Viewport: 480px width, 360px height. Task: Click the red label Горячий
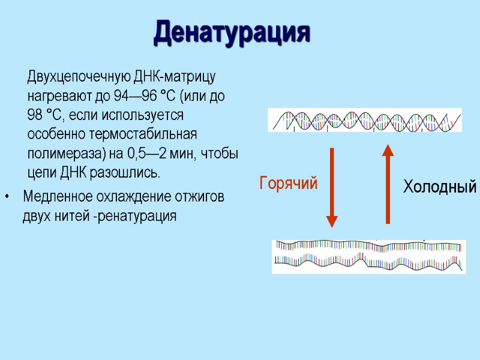[x=288, y=183]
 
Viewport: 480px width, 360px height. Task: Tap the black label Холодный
[x=440, y=187]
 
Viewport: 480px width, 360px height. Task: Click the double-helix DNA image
[x=365, y=120]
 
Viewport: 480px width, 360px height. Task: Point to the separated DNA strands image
[x=368, y=256]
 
